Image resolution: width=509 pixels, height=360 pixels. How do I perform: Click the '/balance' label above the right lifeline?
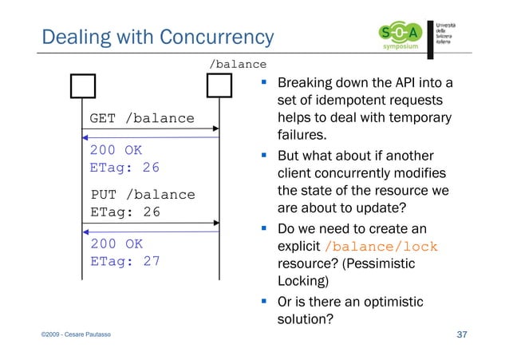237,63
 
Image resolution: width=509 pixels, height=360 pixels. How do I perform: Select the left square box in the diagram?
82,85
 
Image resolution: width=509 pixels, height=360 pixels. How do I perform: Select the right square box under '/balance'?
219,85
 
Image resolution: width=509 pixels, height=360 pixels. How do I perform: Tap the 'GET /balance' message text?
142,119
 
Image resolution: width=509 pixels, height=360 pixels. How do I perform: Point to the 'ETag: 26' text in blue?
124,168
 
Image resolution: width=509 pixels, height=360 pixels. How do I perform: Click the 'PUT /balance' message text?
142,195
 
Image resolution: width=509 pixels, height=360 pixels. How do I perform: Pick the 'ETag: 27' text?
124,261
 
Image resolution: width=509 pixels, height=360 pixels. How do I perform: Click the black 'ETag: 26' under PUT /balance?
124,212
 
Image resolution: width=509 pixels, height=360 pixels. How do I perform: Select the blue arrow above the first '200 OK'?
152,139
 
